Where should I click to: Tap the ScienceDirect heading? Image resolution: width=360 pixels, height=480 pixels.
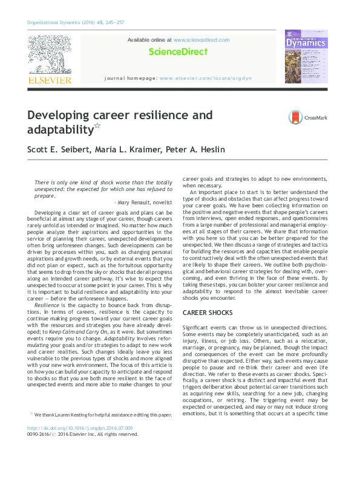[178, 53]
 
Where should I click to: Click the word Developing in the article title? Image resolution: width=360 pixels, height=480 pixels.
[67, 115]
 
